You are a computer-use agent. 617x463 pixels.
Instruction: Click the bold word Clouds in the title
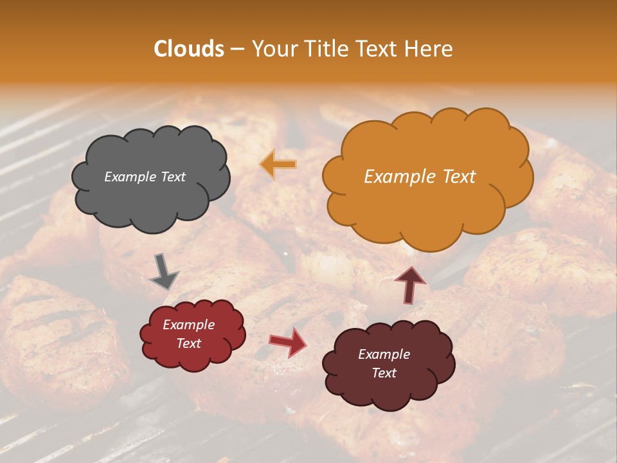(189, 49)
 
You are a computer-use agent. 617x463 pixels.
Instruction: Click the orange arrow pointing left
(279, 165)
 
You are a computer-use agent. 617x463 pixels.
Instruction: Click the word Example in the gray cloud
(130, 177)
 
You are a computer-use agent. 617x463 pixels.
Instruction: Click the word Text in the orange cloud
(454, 177)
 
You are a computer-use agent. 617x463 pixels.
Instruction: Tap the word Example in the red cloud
(188, 325)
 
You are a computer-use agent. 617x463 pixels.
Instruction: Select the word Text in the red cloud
(189, 343)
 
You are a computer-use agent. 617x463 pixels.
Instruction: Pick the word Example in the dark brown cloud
(384, 354)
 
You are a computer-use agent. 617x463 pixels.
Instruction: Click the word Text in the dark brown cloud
(384, 373)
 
